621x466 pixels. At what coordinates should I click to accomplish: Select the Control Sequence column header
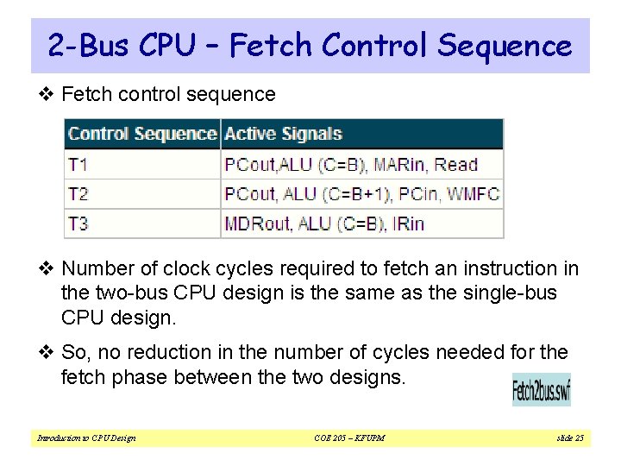tap(142, 134)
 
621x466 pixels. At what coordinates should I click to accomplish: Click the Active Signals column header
tap(283, 134)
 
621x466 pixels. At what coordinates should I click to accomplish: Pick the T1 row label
tap(78, 164)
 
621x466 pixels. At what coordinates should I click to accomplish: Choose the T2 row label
tap(78, 193)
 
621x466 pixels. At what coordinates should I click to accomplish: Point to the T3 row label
tap(78, 224)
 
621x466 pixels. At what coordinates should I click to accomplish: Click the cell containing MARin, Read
tap(362, 164)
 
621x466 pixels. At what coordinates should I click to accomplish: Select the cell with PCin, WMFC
tap(362, 193)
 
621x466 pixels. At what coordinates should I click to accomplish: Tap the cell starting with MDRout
tap(324, 224)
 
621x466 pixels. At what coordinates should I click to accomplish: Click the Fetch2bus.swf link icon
tap(541, 390)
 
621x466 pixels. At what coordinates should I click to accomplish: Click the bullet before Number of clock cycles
tap(49, 269)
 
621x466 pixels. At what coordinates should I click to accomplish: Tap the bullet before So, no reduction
tap(49, 353)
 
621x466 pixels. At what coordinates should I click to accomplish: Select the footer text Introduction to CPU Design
tap(85, 438)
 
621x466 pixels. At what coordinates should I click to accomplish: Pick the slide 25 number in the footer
tap(569, 438)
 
